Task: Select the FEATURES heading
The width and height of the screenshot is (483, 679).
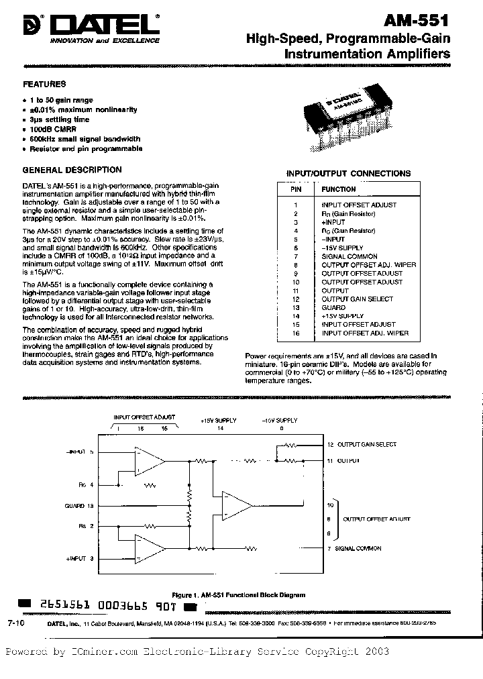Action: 45,85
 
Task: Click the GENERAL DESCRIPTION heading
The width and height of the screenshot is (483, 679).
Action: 72,170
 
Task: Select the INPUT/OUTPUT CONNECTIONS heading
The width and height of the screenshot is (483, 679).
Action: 349,173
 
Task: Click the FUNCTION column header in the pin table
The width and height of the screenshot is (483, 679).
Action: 339,189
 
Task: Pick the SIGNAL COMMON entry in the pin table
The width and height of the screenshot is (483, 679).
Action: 349,256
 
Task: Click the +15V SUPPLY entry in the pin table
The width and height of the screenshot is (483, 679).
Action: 342,316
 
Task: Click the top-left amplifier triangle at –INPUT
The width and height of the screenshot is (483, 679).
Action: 148,460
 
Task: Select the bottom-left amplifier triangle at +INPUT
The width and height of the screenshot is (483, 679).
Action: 148,550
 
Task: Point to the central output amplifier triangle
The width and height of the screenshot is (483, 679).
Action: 237,505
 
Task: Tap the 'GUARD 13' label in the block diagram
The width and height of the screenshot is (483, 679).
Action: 78,505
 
